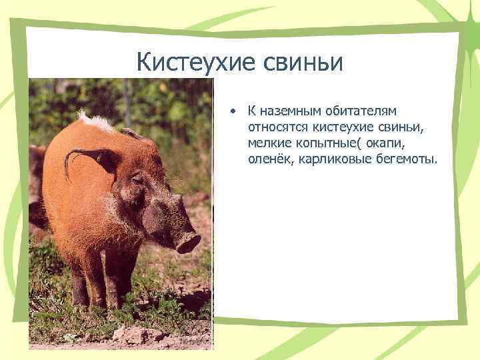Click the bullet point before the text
231,110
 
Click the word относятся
277,126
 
